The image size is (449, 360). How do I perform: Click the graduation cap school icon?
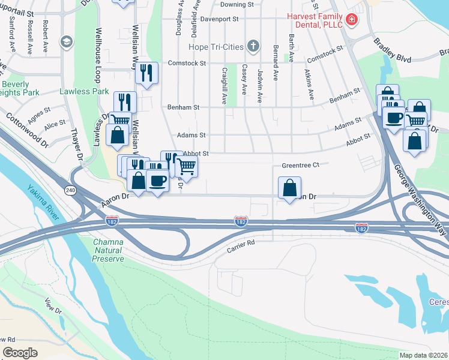pyautogui.click(x=65, y=41)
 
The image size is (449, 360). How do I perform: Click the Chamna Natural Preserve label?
pyautogui.click(x=108, y=250)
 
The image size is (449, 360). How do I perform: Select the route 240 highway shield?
pyautogui.click(x=70, y=189)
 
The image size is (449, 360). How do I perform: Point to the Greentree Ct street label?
pyautogui.click(x=304, y=164)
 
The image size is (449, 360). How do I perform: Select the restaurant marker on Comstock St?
pyautogui.click(x=146, y=73)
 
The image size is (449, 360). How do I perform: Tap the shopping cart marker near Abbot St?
pyautogui.click(x=187, y=166)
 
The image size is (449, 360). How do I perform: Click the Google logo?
pyautogui.click(x=20, y=353)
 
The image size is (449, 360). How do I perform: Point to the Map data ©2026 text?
pyautogui.click(x=423, y=355)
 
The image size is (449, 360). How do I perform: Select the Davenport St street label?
pyautogui.click(x=220, y=19)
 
